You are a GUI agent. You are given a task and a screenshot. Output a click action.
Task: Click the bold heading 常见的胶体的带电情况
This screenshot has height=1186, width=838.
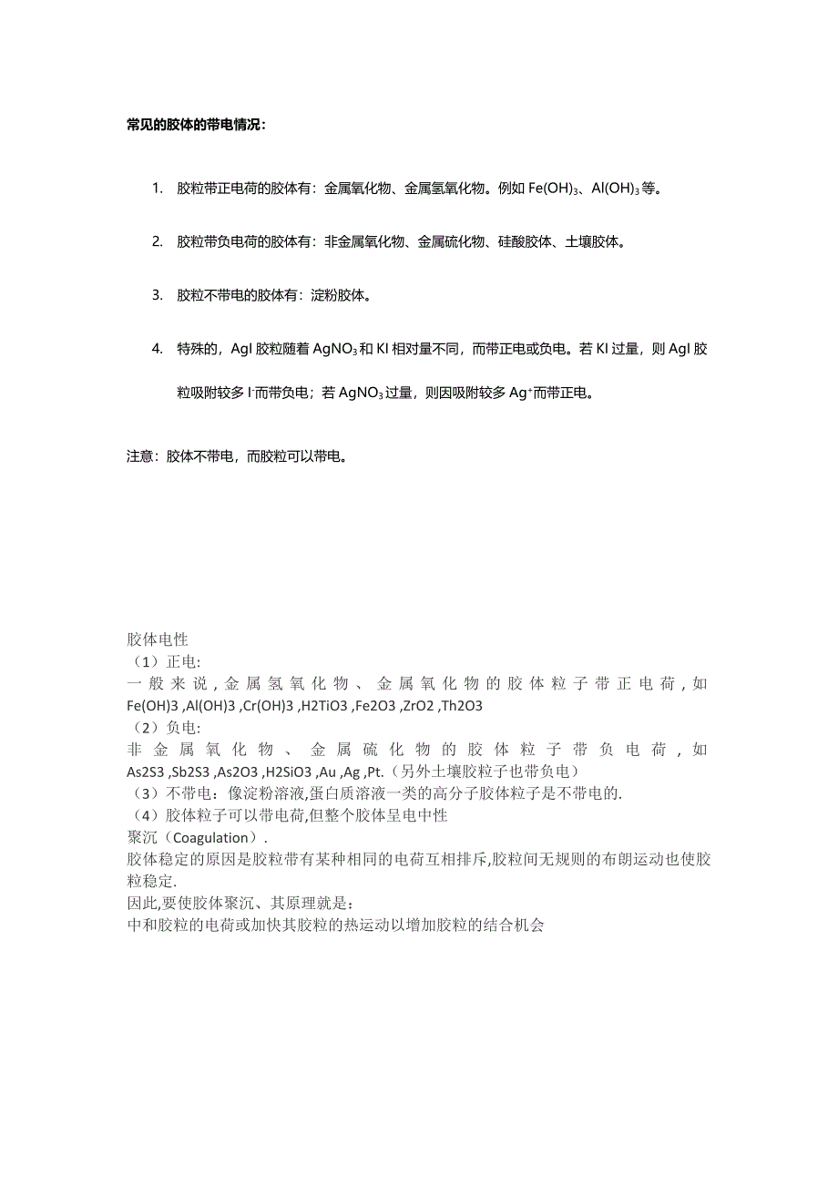point(196,124)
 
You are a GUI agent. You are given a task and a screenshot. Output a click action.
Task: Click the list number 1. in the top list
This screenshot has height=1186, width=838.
point(157,189)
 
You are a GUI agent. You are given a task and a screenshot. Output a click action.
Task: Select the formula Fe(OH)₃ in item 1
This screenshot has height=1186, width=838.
point(555,189)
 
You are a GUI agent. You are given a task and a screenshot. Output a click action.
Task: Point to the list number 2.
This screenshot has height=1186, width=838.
point(157,242)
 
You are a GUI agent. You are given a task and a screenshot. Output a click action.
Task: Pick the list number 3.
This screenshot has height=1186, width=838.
point(157,295)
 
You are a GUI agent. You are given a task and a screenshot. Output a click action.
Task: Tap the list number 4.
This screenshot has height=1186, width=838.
point(157,349)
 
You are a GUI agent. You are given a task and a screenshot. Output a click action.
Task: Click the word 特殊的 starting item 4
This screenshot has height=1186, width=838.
point(197,349)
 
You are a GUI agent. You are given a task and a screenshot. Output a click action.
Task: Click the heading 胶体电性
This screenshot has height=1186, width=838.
point(157,640)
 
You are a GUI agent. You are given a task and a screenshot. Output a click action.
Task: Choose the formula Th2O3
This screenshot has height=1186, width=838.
point(461,706)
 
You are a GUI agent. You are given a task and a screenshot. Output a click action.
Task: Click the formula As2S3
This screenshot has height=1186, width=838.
point(147,772)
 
